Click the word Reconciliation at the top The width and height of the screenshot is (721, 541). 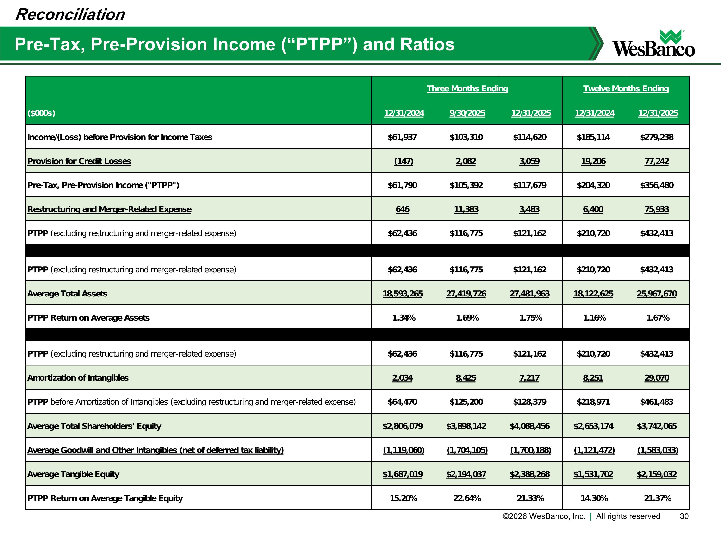coord(70,15)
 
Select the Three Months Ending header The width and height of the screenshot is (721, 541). coord(467,89)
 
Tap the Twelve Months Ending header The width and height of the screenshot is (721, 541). coord(626,89)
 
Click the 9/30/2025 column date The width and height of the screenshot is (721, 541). coord(467,113)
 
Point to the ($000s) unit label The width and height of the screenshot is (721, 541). coord(41,113)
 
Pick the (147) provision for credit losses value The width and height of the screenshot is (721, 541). coord(404,161)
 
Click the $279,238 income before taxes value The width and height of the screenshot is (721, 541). coord(656,137)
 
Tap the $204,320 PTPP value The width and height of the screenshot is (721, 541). coord(593,185)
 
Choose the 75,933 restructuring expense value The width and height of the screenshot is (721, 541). coord(656,209)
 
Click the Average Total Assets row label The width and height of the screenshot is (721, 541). coord(67,294)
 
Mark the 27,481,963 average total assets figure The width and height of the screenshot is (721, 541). coord(529,294)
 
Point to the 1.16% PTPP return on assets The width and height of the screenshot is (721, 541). coord(594,318)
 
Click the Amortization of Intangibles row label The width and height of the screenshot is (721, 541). coord(78,378)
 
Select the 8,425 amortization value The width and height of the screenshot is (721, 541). coord(466,378)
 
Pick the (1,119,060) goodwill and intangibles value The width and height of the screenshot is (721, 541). coord(404,450)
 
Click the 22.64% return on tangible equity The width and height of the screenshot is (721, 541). coord(467,498)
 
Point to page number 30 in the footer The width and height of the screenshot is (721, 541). coord(684,516)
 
